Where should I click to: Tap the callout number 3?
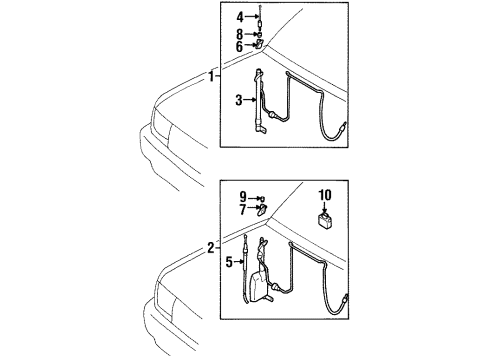(x=240, y=100)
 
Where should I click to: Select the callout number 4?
(x=240, y=18)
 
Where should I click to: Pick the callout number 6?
(x=240, y=46)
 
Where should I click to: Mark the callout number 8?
(x=240, y=33)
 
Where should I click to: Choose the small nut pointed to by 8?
(x=258, y=34)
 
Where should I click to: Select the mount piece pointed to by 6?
(x=259, y=46)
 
